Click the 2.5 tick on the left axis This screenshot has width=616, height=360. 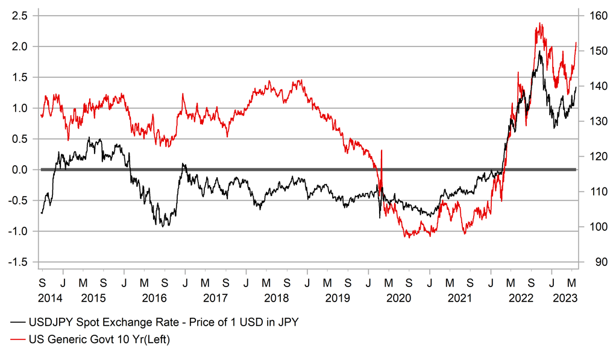20,16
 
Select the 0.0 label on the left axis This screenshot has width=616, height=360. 20,169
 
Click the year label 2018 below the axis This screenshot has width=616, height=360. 276,297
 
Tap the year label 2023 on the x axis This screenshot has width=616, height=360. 567,297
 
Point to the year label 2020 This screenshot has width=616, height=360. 398,297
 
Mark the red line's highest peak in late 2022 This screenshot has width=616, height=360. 539,24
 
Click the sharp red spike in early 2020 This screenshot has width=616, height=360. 382,151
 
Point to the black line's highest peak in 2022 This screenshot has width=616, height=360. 540,51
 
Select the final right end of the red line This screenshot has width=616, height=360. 576,43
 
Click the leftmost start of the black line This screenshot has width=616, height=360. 41,213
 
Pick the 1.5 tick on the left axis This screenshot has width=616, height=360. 20,77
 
